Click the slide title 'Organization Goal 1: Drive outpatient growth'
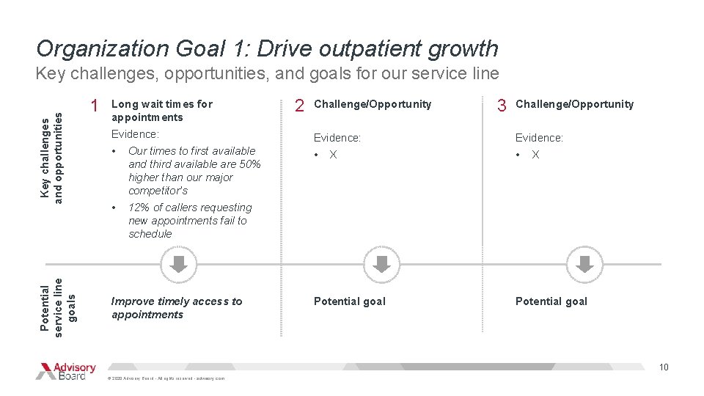tap(267, 48)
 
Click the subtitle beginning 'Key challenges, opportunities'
tap(267, 73)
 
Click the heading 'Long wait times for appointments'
tap(161, 111)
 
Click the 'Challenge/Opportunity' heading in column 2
tap(373, 104)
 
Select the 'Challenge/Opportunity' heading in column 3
tap(574, 104)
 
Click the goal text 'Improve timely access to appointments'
tap(176, 308)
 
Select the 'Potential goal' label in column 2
tap(349, 301)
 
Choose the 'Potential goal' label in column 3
tap(551, 301)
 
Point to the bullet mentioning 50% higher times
tap(194, 170)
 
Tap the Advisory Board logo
tap(66, 371)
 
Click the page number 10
tap(664, 367)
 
